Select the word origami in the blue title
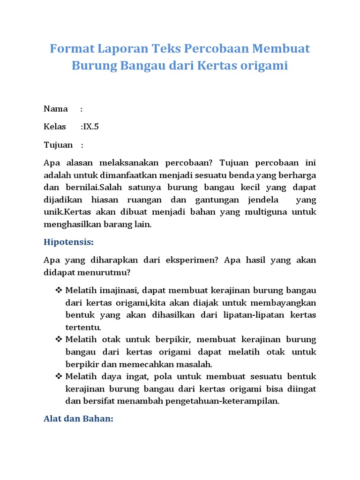point(265,66)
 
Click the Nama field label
point(56,109)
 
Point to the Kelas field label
point(55,127)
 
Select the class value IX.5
point(91,127)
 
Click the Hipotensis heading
point(68,242)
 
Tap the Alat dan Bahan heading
point(78,418)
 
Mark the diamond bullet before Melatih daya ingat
point(59,376)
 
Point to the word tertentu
point(83,327)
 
